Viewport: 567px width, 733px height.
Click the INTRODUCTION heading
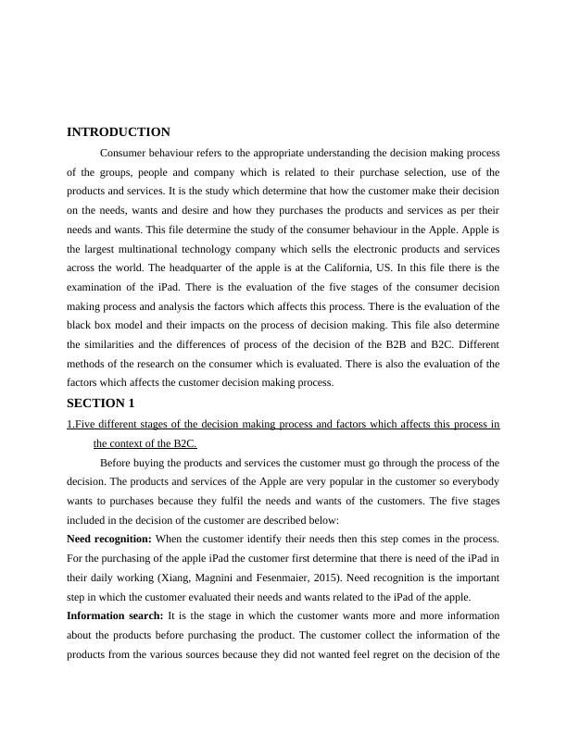pos(119,132)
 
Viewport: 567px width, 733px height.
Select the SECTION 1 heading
pos(101,404)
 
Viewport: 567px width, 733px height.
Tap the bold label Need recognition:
pos(109,539)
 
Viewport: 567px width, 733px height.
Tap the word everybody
pos(474,482)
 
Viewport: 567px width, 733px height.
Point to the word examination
pos(96,288)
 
